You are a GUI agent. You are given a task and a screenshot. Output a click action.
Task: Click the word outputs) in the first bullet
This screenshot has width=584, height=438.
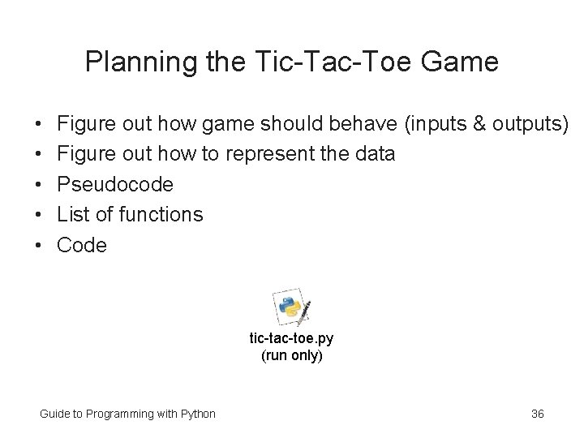point(531,124)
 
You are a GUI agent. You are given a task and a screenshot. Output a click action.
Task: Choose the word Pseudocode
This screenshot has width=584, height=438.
point(114,184)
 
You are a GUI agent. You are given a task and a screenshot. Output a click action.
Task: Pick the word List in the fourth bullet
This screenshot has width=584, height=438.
point(72,214)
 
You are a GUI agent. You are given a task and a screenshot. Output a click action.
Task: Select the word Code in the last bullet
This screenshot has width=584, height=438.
point(81,244)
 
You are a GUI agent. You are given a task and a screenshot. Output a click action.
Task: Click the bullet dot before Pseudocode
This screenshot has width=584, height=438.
point(39,185)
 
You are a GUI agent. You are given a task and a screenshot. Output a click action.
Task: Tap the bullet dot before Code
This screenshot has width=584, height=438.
point(39,245)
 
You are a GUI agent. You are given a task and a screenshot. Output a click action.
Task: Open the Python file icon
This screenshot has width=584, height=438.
point(293,307)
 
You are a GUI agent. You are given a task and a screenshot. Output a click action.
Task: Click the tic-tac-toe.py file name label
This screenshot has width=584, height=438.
point(291,339)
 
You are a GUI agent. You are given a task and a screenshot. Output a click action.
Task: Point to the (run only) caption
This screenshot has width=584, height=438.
point(291,355)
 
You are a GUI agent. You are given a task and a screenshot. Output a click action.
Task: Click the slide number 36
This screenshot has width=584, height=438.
point(537,414)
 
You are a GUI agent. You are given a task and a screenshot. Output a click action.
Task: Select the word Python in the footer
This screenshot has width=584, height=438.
point(197,414)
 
